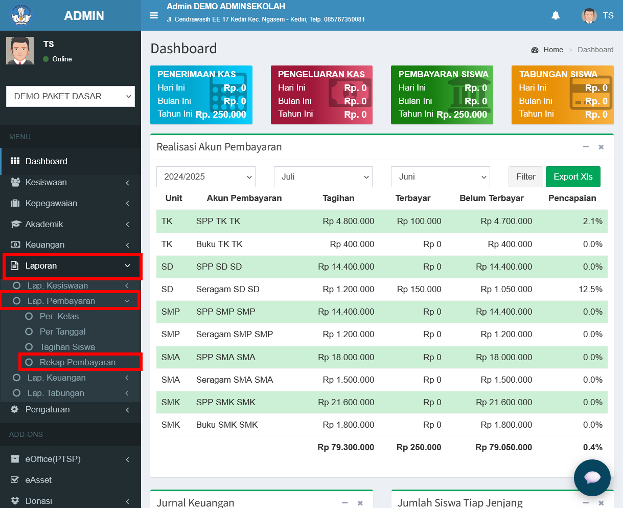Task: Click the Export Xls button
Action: [573, 176]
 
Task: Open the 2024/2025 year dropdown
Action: [205, 176]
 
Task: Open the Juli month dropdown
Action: [323, 176]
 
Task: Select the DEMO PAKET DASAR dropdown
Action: [71, 96]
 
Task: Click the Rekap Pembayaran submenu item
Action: [78, 362]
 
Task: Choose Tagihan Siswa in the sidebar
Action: [67, 347]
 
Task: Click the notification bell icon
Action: [556, 15]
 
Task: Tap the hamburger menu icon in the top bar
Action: [154, 15]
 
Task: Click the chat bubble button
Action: [592, 477]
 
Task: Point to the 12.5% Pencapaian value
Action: [590, 289]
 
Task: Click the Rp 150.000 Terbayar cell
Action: [419, 289]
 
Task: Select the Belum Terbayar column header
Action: [491, 198]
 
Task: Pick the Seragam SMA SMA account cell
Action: [234, 380]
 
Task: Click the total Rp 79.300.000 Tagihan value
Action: [345, 448]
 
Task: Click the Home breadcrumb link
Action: [553, 50]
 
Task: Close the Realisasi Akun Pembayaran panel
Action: [601, 147]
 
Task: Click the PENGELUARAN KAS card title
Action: [321, 74]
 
